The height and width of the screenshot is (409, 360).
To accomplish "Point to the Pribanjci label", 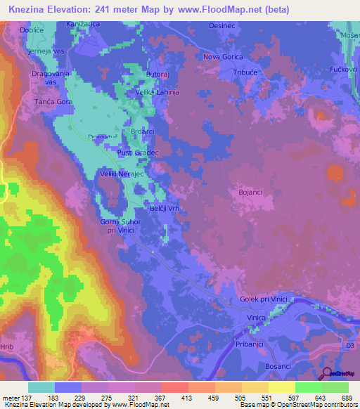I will coord(252,346).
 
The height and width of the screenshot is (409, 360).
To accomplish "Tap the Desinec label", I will coord(222,26).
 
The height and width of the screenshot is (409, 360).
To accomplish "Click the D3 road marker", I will coord(349,346).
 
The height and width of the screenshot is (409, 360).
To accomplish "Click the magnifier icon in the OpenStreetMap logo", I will coord(327,374).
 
